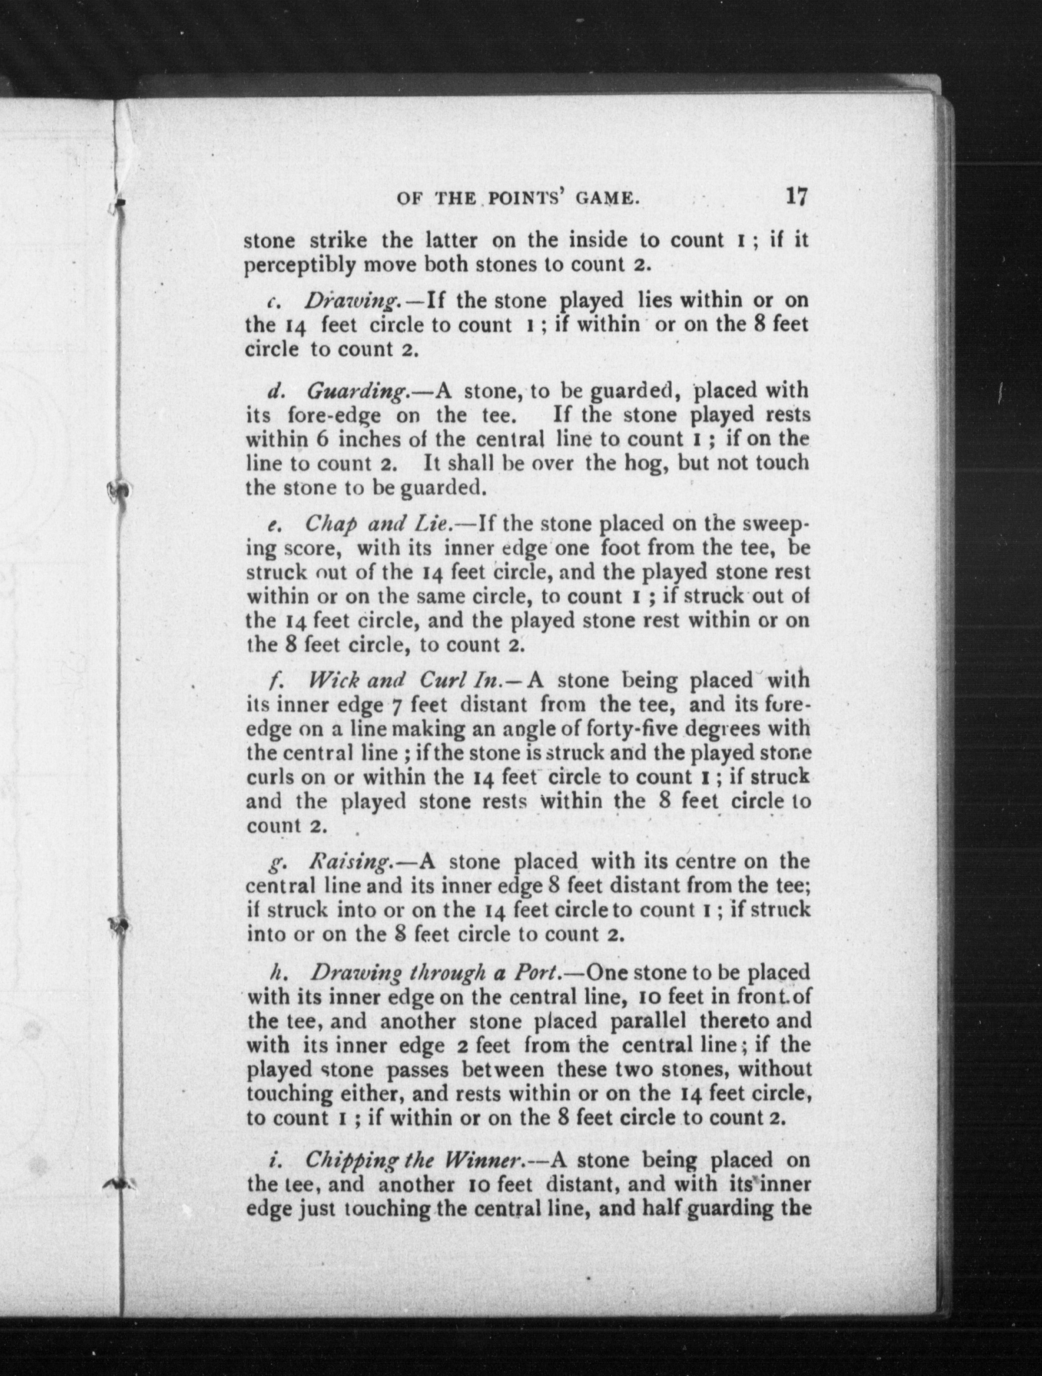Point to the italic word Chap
pyautogui.click(x=328, y=524)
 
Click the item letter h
pyautogui.click(x=275, y=972)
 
